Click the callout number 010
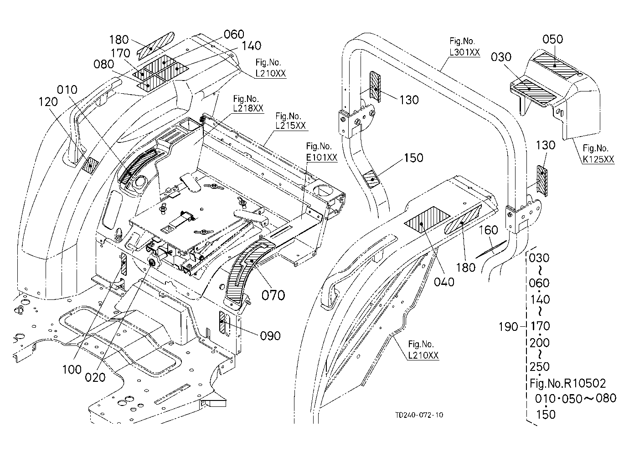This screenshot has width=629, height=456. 67,90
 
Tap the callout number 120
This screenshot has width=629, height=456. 48,102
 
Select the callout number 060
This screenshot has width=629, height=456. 234,34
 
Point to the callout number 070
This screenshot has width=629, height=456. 273,295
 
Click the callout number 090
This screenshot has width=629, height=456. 270,336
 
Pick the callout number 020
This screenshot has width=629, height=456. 95,377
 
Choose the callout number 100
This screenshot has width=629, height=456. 72,370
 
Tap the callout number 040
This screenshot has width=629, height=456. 444,282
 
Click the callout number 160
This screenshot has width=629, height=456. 488,230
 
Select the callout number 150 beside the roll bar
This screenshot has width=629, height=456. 413,158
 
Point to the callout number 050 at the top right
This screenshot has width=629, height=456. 552,39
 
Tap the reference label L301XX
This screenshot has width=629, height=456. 465,52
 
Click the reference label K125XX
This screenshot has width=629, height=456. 598,159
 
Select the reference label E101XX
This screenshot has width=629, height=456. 321,157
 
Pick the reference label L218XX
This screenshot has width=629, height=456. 248,108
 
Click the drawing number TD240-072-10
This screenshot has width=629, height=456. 419,415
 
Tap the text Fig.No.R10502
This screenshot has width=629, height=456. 567,383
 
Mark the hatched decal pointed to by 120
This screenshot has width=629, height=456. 90,166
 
